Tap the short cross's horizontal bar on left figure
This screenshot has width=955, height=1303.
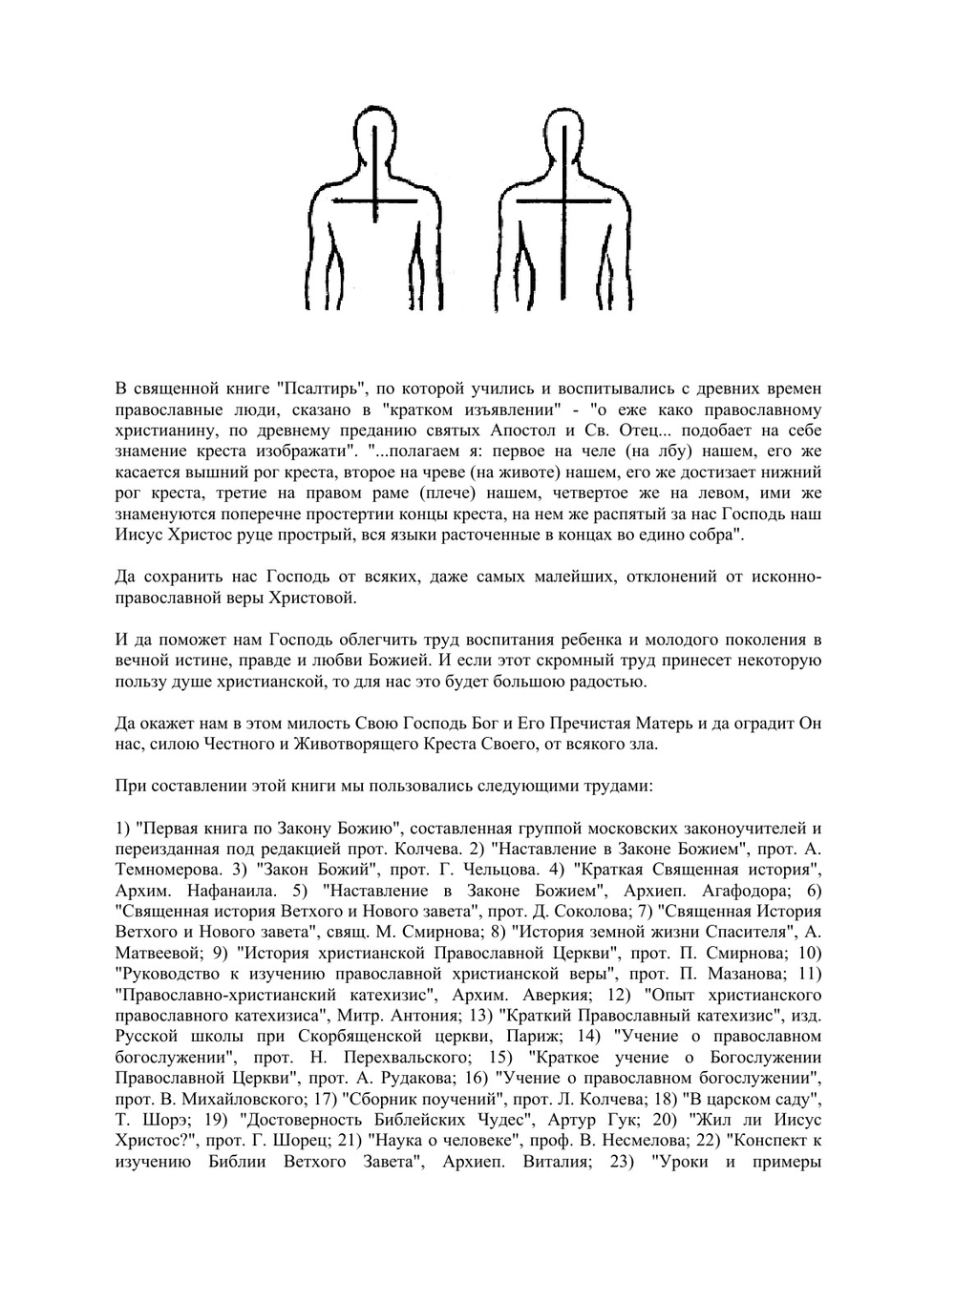(x=377, y=201)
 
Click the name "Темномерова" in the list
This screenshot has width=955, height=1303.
(x=157, y=870)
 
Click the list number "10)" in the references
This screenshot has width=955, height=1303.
(x=809, y=954)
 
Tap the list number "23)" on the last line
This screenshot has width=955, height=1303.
(x=621, y=1164)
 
